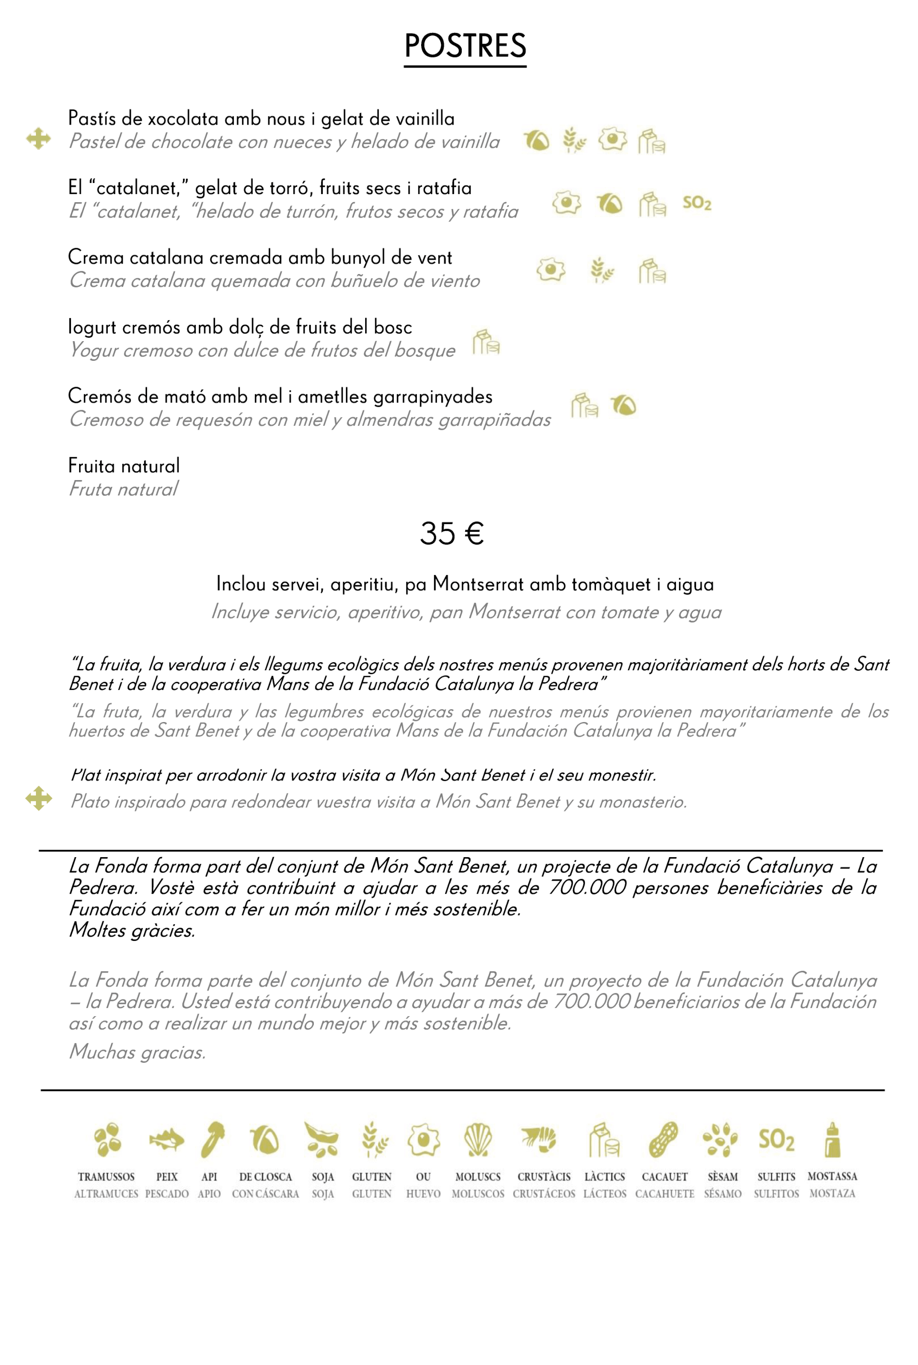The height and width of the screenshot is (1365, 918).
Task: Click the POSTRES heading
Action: pos(465,46)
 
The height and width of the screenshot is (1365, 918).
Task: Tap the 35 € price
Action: pos(451,533)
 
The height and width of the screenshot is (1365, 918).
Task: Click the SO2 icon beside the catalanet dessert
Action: pos(697,203)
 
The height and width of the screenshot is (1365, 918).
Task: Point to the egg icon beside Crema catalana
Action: pos(551,270)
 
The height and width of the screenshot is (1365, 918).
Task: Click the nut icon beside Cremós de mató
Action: pos(623,405)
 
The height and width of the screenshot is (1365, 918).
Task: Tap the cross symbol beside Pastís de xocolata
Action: pos(39,139)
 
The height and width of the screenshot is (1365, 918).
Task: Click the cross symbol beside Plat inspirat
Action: pos(39,798)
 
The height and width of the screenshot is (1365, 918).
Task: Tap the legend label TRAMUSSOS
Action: pos(106,1177)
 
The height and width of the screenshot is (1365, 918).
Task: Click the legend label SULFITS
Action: pos(776,1177)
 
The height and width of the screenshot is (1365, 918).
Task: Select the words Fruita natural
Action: pos(124,466)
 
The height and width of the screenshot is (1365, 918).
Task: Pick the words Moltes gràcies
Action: pos(132,930)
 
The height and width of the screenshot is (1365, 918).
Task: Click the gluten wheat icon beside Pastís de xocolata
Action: pos(574,140)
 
